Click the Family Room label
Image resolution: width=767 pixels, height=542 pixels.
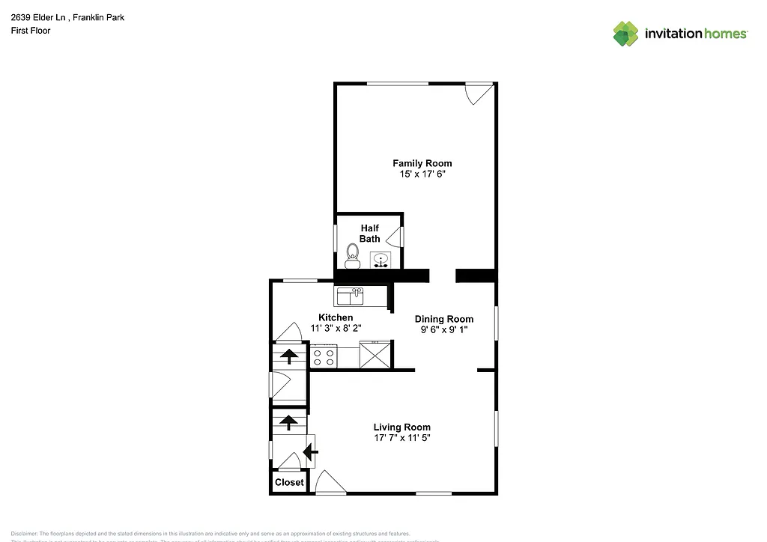point(422,163)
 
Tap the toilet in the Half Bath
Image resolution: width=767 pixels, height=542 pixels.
point(352,258)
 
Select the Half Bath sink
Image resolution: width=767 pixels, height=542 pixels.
point(381,261)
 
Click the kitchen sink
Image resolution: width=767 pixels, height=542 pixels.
point(349,297)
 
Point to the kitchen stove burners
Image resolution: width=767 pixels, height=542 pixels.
point(324,356)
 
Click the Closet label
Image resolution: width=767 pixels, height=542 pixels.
point(288,482)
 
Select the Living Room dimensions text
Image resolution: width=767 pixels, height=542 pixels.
point(401,438)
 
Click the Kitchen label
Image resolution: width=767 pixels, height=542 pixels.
point(336,317)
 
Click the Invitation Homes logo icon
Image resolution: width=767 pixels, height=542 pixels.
point(625,33)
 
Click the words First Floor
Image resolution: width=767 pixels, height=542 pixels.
point(31,31)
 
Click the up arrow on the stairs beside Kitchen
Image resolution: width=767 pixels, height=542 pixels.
point(288,356)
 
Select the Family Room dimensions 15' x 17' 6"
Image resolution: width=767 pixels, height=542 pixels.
point(422,174)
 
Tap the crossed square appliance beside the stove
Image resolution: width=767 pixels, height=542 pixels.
point(375,354)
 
